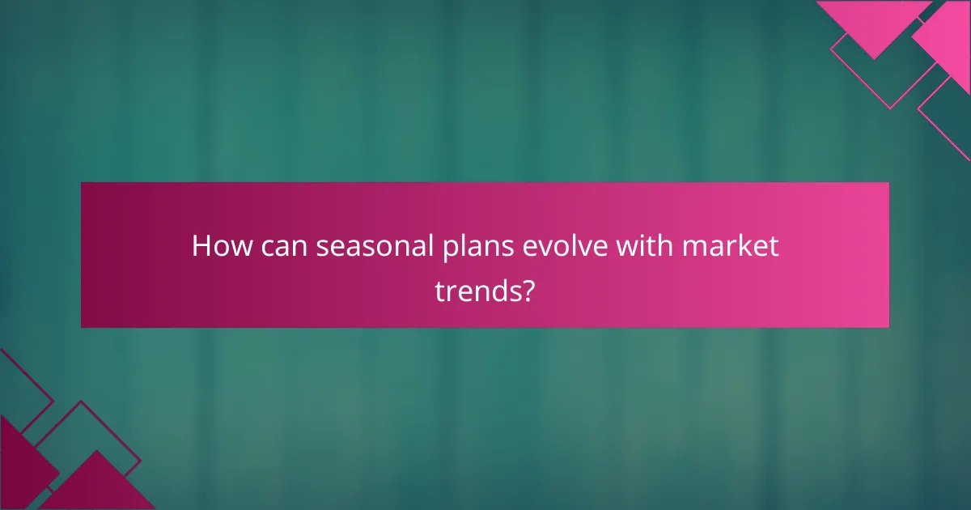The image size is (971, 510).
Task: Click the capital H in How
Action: [x=201, y=246]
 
